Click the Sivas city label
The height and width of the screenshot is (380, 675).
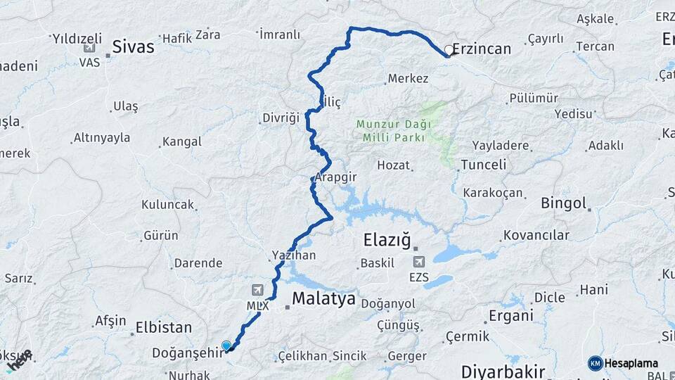[x=134, y=47]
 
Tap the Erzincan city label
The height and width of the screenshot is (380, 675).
[x=482, y=49]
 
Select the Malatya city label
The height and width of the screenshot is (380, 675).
[x=323, y=298]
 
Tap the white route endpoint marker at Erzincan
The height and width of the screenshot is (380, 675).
[x=449, y=50]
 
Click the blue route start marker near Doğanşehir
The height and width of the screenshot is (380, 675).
[x=226, y=346]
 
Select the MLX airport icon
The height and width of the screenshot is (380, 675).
[x=257, y=290]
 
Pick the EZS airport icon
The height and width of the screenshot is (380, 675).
[x=419, y=262]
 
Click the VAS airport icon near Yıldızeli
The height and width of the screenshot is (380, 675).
[x=89, y=48]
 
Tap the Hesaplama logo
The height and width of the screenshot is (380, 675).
[x=622, y=363]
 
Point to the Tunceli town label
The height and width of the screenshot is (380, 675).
[x=483, y=165]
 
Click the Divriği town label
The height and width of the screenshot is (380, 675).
[x=281, y=118]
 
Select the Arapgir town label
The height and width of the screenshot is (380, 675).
[x=333, y=177]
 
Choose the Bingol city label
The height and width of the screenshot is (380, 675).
[x=563, y=203]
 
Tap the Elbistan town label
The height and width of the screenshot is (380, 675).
[x=163, y=327]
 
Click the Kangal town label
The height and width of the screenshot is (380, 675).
[x=181, y=141]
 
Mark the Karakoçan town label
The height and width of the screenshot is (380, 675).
[x=493, y=192]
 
